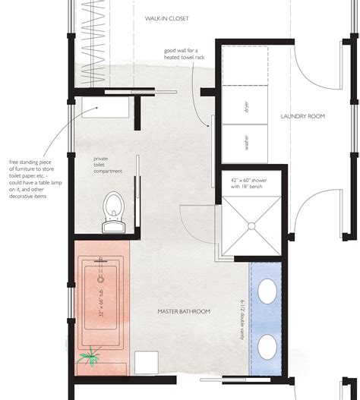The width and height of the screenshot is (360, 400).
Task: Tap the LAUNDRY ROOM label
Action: pyautogui.click(x=303, y=116)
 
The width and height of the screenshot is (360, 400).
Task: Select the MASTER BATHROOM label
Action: pyautogui.click(x=183, y=311)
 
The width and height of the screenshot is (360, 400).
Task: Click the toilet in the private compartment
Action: pyautogui.click(x=113, y=209)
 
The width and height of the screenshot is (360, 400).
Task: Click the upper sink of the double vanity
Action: pyautogui.click(x=268, y=291)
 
